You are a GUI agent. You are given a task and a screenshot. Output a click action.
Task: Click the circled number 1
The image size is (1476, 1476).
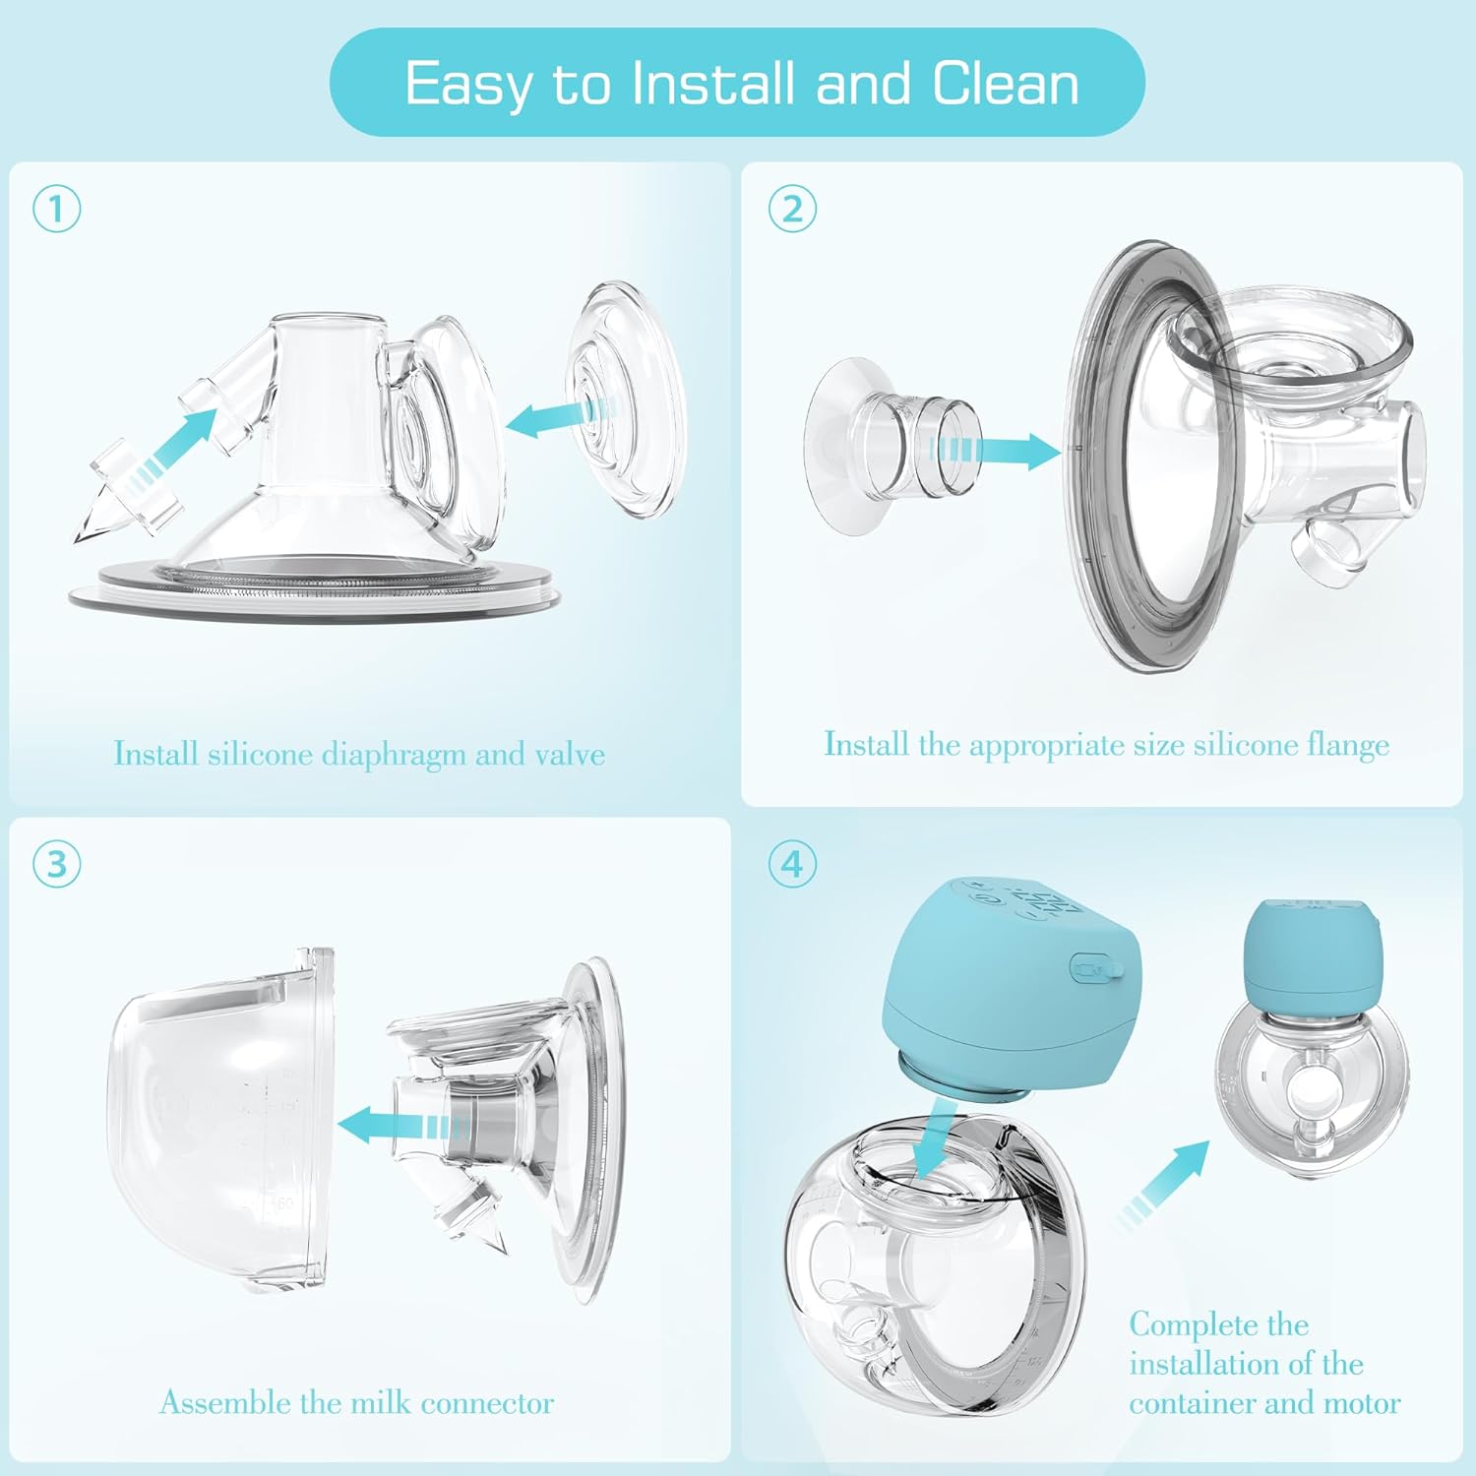click(x=56, y=210)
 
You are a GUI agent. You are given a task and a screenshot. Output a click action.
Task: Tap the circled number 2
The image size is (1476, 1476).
click(x=792, y=210)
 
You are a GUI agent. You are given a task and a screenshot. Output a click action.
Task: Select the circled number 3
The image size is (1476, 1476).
click(x=56, y=864)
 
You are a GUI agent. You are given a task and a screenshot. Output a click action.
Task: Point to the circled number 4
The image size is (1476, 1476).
click(x=792, y=864)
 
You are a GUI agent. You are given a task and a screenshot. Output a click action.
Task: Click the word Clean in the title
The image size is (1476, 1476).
click(x=1006, y=83)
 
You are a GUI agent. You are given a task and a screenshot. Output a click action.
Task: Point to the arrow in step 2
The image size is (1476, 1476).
click(x=995, y=452)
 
